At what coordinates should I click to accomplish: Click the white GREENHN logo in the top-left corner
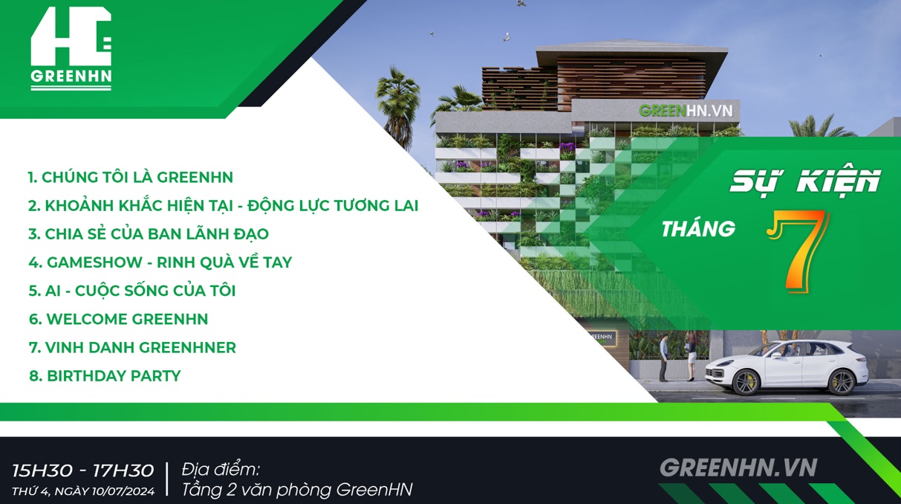pos(71,48)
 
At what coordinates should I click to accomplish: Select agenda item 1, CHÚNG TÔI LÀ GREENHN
pos(130,177)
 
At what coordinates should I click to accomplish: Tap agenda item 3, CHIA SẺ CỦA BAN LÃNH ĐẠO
pos(149,233)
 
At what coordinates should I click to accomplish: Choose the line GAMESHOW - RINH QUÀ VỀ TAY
pos(160,262)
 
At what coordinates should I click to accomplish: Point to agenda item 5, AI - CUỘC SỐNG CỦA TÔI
pos(132,290)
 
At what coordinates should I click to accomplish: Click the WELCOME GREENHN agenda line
pos(119,319)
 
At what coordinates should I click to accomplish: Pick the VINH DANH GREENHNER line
pos(132,347)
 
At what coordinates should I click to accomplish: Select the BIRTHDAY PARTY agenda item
pos(105,375)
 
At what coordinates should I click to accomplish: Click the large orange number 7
pos(798,251)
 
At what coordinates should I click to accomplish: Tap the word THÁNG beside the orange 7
pos(698,229)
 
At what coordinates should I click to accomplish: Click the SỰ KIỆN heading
pos(805,181)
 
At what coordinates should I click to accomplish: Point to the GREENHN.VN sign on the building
pos(686,111)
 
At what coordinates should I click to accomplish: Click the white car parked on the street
pos(787,368)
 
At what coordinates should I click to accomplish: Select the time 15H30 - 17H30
pos(83,471)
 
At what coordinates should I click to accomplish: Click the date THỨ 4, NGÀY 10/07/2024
pos(83,491)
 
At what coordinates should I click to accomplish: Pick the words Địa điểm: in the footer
pos(221,469)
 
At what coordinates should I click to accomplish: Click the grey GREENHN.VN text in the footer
pos(738,468)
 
